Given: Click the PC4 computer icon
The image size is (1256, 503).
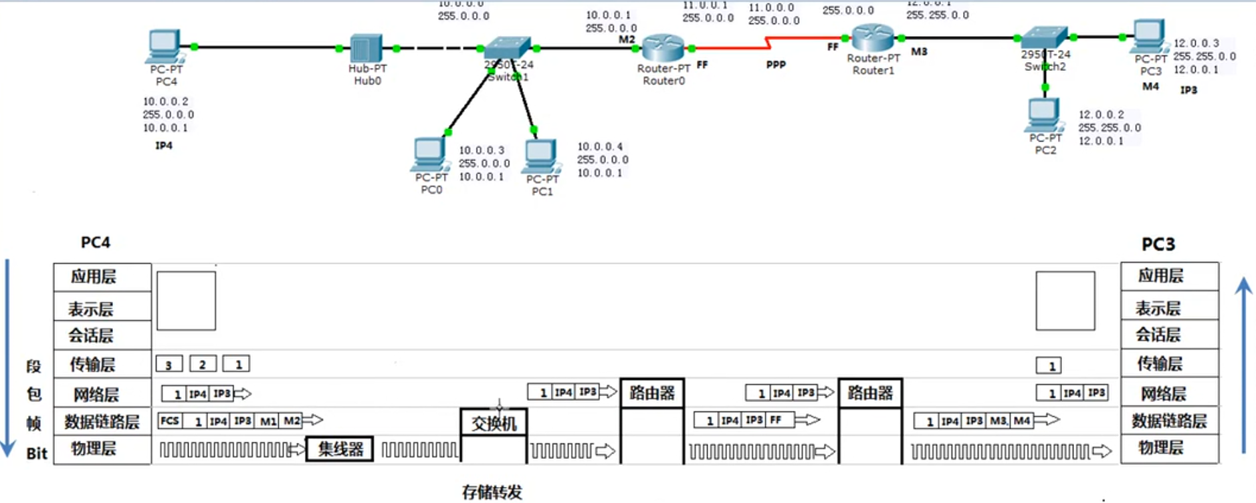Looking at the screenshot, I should tap(164, 47).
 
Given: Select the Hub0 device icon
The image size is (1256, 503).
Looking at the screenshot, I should tap(366, 49).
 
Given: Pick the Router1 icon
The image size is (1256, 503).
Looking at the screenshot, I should tap(873, 37).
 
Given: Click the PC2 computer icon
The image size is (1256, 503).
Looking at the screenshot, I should tap(1043, 115).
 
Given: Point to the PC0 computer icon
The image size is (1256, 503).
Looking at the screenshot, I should tap(430, 154).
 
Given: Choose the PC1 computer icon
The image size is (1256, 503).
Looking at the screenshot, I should tap(541, 156).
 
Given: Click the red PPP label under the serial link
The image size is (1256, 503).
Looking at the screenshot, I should tap(776, 65).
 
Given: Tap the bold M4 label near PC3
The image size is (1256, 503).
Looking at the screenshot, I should tap(1150, 86).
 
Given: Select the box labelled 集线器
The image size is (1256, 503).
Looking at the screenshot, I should tap(340, 450).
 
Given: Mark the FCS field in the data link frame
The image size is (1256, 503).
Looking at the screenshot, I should tap(170, 421).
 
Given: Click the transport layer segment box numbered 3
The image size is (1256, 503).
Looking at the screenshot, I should tap(169, 365).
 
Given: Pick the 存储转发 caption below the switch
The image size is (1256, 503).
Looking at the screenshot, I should tap(492, 492).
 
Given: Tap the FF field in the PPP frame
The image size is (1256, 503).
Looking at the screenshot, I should tap(776, 420).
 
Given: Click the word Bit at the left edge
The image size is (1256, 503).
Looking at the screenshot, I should tap(37, 454).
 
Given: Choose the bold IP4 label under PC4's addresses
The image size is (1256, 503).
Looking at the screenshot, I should tap(164, 145).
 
